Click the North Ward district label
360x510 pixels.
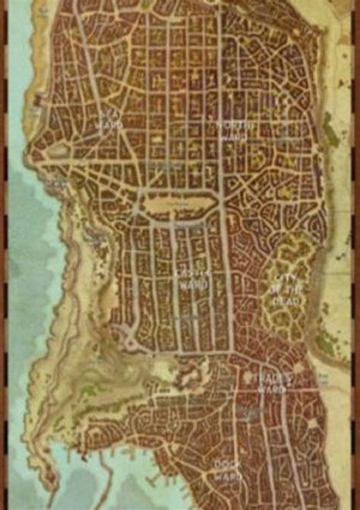click(x=231, y=131)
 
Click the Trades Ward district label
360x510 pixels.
click(x=271, y=382)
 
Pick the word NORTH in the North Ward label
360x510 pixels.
click(x=231, y=124)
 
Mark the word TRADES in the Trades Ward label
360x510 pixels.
click(x=271, y=376)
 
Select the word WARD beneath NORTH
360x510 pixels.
click(x=231, y=138)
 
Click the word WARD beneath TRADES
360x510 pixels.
click(x=272, y=389)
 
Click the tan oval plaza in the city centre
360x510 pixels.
click(x=181, y=204)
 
